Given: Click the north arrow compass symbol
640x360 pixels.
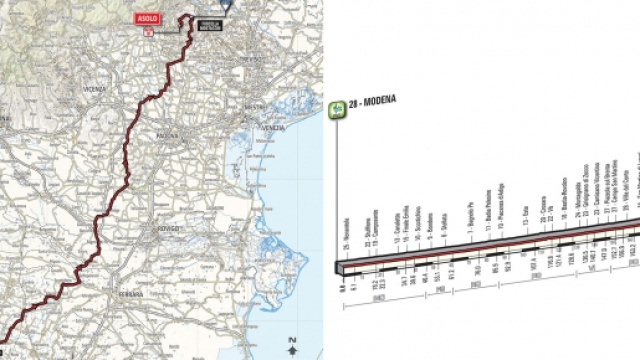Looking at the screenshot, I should pyautogui.click(x=290, y=347).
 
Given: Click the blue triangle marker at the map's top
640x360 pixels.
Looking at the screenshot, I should pyautogui.click(x=227, y=5).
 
